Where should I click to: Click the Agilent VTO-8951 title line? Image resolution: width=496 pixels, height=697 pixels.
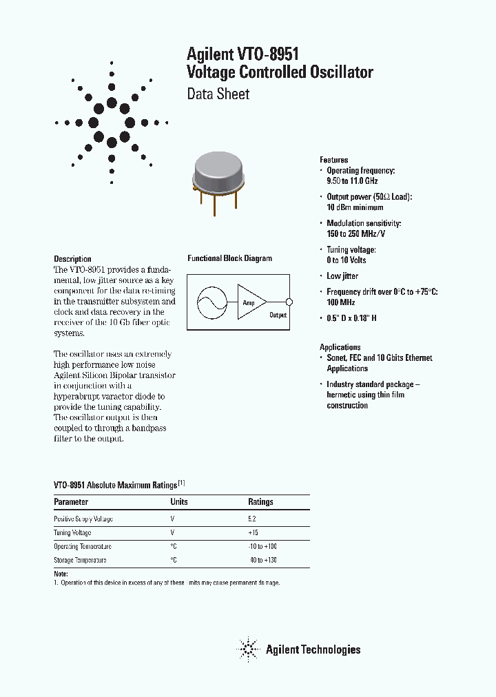(x=242, y=54)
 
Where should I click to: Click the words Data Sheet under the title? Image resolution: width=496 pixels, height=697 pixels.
(x=218, y=94)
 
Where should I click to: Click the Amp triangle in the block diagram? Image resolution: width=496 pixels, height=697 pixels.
(x=249, y=302)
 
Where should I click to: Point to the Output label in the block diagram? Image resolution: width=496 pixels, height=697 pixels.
(x=278, y=315)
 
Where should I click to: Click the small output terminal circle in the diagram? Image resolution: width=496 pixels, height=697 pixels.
(x=289, y=302)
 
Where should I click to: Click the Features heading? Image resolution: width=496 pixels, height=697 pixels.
(x=333, y=160)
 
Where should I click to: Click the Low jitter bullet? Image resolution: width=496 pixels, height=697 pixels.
(x=342, y=276)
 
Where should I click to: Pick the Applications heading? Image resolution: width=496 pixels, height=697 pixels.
(x=340, y=347)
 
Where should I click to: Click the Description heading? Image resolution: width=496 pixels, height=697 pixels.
(x=72, y=259)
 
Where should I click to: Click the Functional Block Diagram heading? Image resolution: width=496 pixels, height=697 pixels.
(x=229, y=258)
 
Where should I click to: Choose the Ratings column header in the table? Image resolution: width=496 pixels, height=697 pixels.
(x=260, y=502)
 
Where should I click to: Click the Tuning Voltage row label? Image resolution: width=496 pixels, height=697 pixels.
(x=72, y=532)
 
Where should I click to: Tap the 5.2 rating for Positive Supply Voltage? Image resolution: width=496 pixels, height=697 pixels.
(x=252, y=519)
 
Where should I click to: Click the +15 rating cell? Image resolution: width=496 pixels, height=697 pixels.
(x=254, y=532)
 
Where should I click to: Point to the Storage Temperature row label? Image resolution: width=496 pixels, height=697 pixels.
(x=80, y=560)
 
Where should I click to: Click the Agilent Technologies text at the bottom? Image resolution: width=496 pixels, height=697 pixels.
(x=313, y=649)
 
